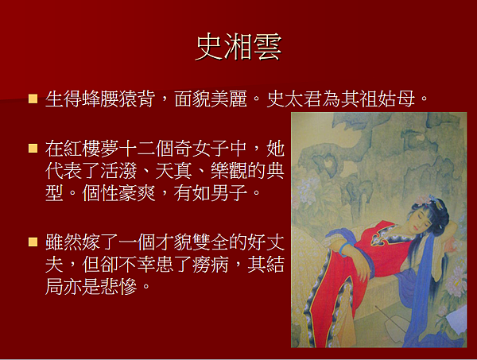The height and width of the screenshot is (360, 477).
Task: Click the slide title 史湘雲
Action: [238, 47]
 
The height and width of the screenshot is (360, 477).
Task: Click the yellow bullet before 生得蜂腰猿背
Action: [33, 99]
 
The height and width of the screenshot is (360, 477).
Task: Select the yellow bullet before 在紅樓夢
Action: [33, 148]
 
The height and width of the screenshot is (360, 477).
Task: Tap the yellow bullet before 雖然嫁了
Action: [33, 242]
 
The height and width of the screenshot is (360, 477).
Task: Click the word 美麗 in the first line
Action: [228, 99]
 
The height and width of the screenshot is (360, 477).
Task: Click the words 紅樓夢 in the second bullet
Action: [91, 149]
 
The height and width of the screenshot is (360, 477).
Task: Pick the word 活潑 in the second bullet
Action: [118, 171]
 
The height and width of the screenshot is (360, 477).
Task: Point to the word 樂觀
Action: [229, 171]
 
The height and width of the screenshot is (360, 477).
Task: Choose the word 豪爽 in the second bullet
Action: [137, 193]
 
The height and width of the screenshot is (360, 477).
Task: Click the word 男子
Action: [229, 193]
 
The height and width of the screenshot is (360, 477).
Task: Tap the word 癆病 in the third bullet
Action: [210, 264]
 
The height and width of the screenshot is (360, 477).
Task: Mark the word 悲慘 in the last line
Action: [118, 286]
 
